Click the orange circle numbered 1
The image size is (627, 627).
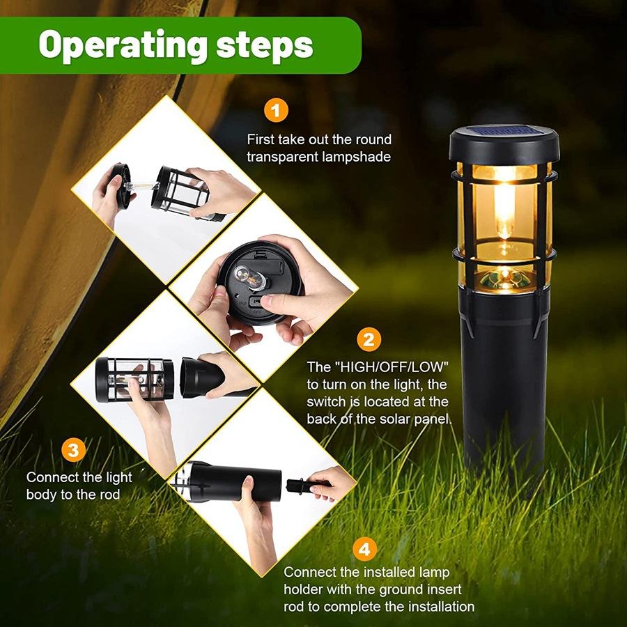276,111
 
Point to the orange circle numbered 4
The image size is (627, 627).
363,549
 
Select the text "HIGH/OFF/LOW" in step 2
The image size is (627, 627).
389,366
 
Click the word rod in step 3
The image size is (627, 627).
109,495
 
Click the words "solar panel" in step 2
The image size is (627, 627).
412,419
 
